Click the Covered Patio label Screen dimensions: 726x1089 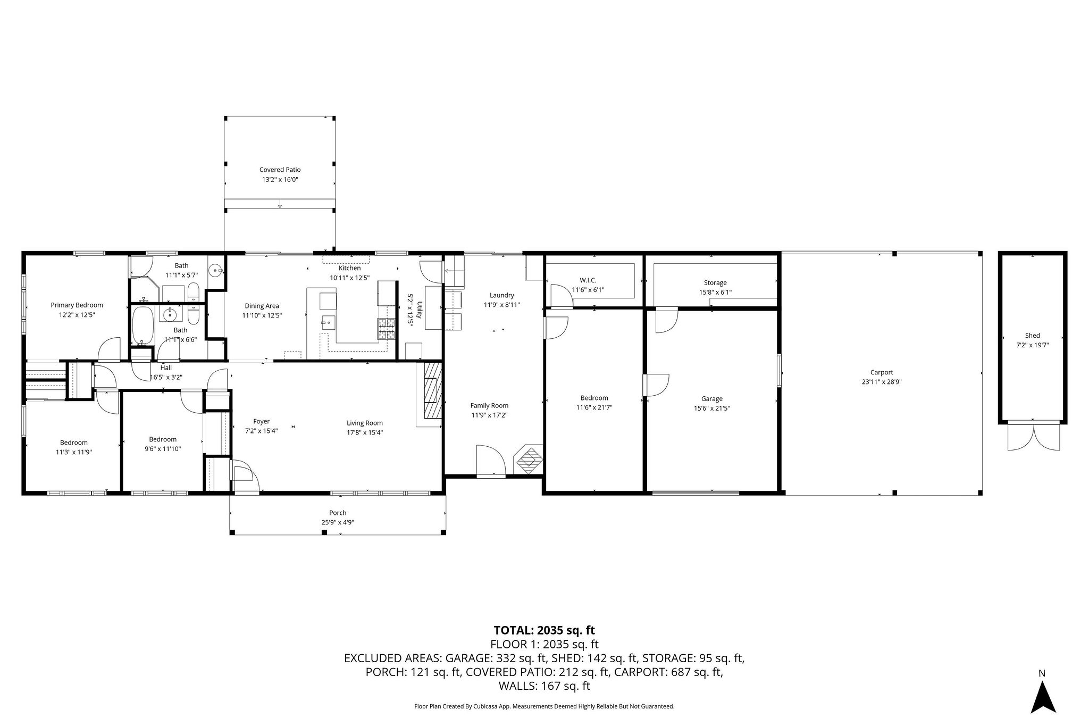click(x=280, y=170)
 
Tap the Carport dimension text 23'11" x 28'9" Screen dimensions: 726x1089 click(x=882, y=382)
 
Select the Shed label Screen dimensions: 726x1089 click(x=1032, y=336)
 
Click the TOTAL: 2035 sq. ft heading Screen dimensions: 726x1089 click(x=544, y=630)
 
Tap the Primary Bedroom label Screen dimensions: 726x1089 click(x=77, y=305)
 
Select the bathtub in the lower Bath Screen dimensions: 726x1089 click(x=143, y=325)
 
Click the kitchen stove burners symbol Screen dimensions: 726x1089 click(x=387, y=329)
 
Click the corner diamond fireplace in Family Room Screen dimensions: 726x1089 click(x=529, y=460)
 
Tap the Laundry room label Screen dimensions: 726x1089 click(x=501, y=295)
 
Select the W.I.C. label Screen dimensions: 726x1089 click(x=588, y=280)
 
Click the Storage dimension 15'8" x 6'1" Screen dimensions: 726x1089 click(x=715, y=293)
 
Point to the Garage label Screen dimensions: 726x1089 click(x=711, y=398)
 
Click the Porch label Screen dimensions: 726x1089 click(x=338, y=513)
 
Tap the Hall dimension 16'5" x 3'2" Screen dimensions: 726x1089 click(x=166, y=377)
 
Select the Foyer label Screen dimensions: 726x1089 click(x=261, y=421)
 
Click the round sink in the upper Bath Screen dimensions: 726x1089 click(x=216, y=270)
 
